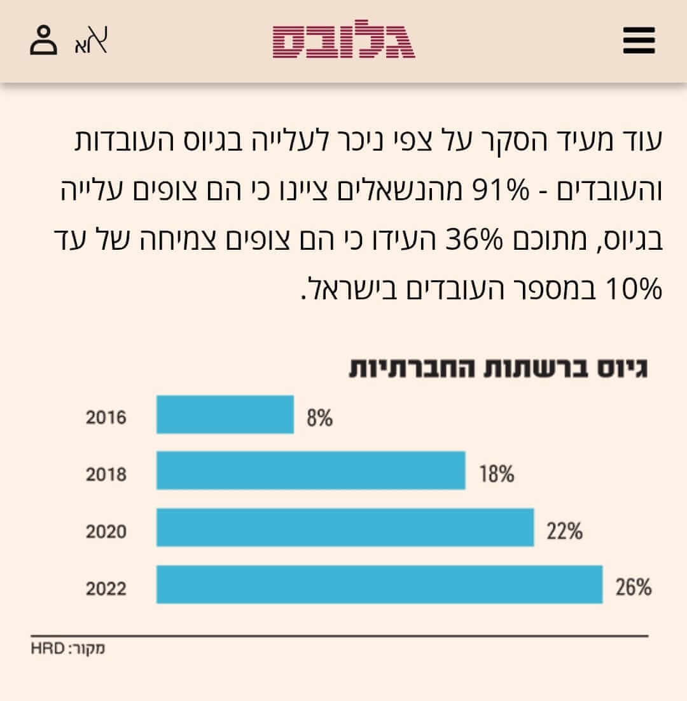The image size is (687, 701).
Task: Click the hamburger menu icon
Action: [639, 40]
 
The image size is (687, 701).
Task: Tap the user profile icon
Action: [43, 40]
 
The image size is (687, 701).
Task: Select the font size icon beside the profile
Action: [92, 40]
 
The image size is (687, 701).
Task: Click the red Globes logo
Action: [343, 39]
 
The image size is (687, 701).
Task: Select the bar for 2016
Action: [225, 414]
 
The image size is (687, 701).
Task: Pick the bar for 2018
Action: [310, 471]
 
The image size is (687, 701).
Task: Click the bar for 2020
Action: [345, 527]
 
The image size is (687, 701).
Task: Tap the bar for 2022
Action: [380, 584]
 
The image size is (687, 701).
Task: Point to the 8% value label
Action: [319, 418]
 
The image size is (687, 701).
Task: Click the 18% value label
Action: [497, 474]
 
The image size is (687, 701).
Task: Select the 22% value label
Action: [564, 531]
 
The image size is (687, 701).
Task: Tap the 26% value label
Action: [634, 587]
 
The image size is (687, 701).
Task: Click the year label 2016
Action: [106, 418]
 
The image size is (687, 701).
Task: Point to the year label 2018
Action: [106, 474]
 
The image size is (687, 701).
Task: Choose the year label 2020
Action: [106, 531]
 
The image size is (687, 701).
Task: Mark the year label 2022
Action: [106, 589]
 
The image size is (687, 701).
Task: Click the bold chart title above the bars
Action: [498, 369]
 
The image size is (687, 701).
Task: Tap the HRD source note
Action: [67, 648]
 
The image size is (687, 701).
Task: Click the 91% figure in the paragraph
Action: [501, 190]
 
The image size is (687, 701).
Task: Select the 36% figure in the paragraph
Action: [475, 240]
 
